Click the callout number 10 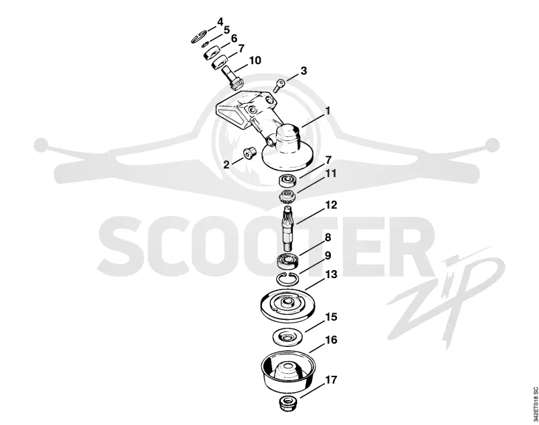(255, 61)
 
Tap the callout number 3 (304, 71)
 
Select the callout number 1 (327, 111)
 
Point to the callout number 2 (226, 164)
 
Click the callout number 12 (331, 205)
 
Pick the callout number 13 (331, 275)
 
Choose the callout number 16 (331, 340)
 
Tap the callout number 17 (331, 380)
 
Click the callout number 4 (220, 22)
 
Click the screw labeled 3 (279, 85)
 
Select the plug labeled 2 (249, 154)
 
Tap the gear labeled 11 (288, 197)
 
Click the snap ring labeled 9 (288, 278)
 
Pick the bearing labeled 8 (288, 260)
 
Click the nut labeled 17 (288, 402)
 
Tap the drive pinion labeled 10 (233, 77)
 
